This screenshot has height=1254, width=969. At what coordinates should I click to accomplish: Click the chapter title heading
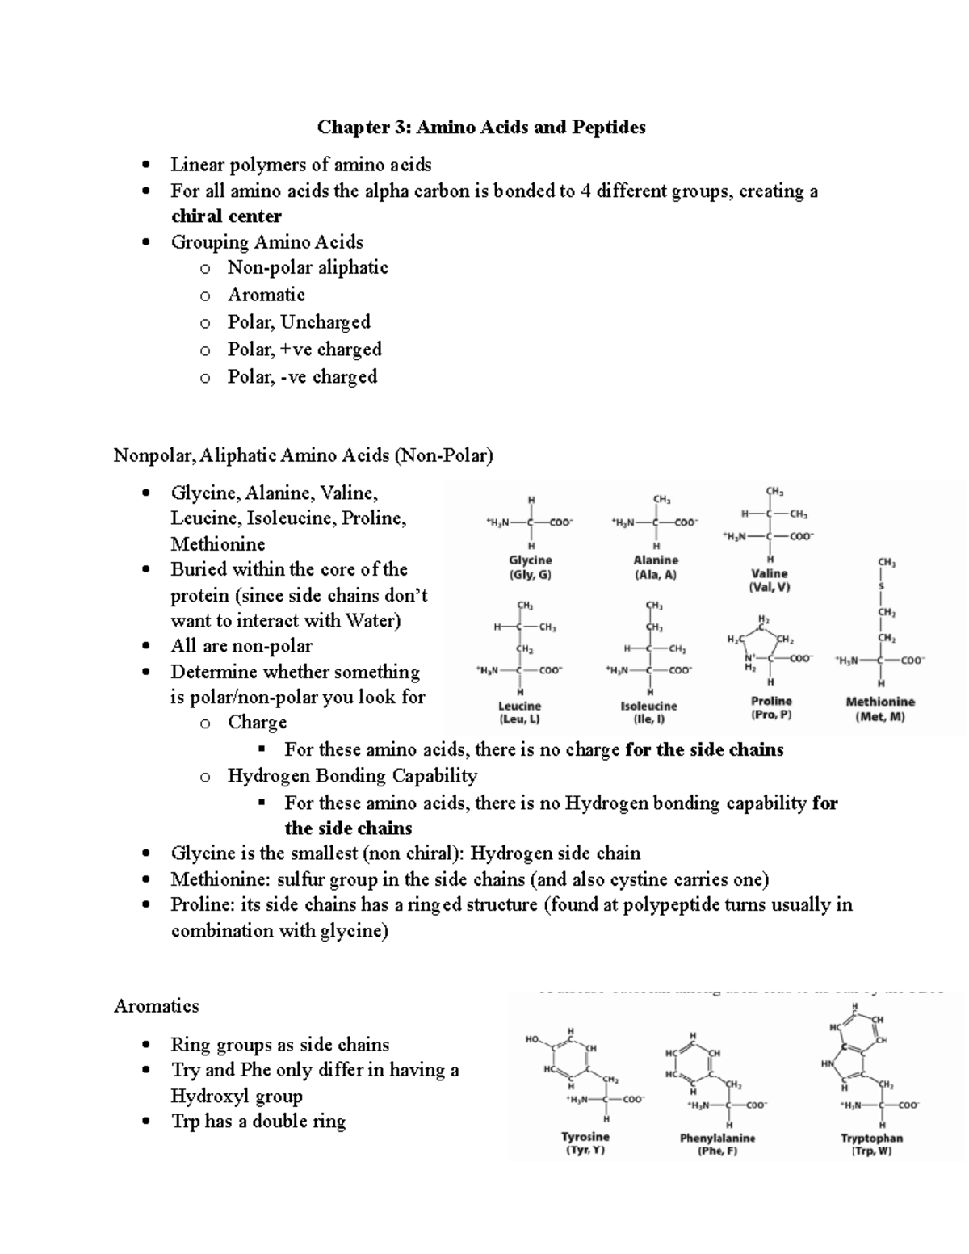click(x=481, y=127)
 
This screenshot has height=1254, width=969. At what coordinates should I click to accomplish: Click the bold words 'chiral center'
click(x=226, y=216)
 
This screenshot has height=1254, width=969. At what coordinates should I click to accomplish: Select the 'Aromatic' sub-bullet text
click(x=266, y=295)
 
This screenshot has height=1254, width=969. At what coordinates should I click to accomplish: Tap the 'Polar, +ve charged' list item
click(x=304, y=350)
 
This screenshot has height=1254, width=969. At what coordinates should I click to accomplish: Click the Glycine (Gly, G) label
click(x=530, y=568)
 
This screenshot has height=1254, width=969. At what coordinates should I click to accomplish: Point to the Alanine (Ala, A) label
click(x=656, y=568)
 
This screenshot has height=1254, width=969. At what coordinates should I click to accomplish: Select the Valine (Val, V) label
click(x=770, y=581)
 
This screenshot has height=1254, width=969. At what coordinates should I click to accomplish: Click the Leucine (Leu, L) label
click(x=519, y=712)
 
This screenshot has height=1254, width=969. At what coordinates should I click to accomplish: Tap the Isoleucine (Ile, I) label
click(x=648, y=712)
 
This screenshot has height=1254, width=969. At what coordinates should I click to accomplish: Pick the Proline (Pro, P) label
click(x=771, y=708)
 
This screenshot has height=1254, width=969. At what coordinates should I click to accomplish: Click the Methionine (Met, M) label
click(x=880, y=709)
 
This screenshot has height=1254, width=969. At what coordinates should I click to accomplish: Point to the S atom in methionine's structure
click(x=882, y=585)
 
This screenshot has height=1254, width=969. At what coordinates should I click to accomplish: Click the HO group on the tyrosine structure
click(x=531, y=1041)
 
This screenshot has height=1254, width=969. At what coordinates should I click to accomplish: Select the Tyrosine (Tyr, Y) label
click(x=585, y=1143)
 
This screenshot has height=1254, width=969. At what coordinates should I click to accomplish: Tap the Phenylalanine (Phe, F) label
click(x=717, y=1144)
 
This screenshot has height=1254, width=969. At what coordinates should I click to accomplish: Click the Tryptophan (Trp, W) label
click(x=871, y=1144)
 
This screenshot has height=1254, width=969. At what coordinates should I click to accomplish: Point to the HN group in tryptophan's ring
click(x=827, y=1064)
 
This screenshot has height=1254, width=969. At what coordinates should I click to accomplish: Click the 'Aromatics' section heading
click(x=157, y=1006)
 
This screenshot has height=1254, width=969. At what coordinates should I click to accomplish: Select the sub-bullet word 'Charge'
click(x=257, y=723)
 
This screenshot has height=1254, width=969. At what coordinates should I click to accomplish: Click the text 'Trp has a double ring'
click(x=258, y=1122)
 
